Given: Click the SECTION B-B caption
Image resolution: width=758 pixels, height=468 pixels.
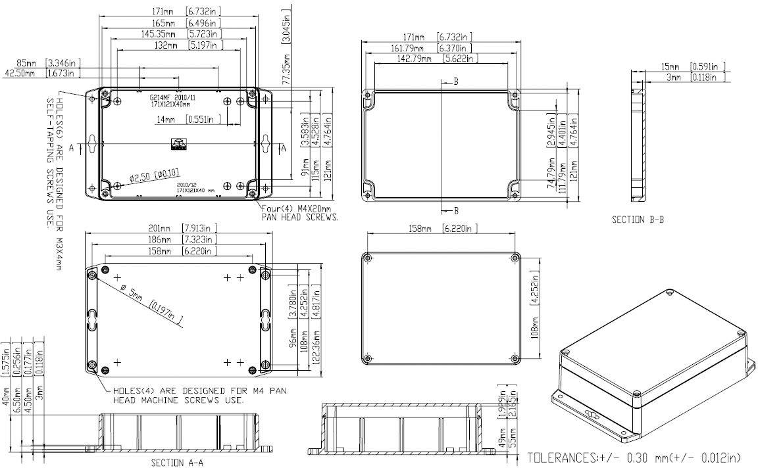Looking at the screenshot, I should coord(637,220).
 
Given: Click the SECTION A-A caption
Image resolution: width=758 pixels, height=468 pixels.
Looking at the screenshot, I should coord(177,462).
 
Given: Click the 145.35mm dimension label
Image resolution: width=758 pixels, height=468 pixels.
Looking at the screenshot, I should coord(159,34).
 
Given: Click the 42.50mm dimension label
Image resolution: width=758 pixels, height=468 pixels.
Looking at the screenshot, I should coord(20,73).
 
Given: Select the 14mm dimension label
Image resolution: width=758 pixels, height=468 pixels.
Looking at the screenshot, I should coord(166,120).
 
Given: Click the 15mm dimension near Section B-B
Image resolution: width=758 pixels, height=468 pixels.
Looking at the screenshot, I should coord(669,66).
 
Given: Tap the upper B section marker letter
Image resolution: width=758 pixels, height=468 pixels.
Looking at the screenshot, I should coord(455,82).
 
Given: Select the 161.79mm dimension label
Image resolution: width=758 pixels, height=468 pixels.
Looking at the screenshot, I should coord(411,48).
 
